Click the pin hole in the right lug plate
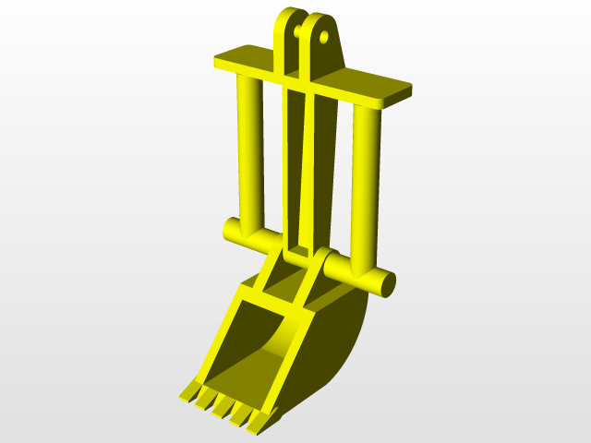[324, 38]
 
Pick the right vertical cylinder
[365, 185]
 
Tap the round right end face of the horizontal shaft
[387, 281]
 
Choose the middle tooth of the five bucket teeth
[222, 406]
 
